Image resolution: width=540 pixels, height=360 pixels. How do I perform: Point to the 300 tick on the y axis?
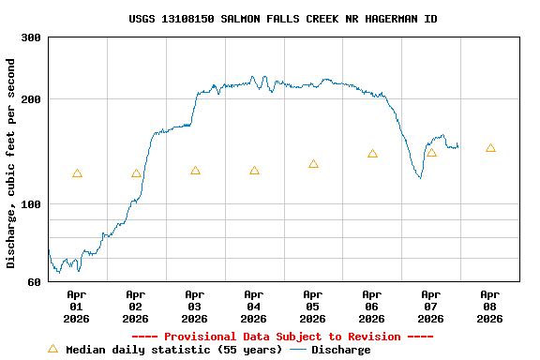31,37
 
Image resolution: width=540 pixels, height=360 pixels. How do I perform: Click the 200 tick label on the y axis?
31,99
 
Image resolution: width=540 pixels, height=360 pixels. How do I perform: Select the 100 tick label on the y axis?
31,204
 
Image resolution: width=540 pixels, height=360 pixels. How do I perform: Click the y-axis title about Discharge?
11,163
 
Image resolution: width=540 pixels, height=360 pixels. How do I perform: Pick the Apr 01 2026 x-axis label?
76,306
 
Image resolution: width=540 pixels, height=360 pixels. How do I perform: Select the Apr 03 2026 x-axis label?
194,306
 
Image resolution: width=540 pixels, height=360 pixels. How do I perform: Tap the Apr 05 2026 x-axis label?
312,306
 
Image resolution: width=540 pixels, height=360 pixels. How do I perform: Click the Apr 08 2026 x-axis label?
489,306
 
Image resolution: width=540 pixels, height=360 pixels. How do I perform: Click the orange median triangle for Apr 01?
77,173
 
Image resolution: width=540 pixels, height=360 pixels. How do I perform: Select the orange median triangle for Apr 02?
136,173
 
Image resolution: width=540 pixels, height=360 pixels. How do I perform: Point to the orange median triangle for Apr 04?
254,171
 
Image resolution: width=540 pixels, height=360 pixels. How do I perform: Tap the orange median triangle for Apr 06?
372,154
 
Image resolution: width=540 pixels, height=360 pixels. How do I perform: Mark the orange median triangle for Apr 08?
490,148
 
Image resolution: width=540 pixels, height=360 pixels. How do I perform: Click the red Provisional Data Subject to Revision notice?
282,337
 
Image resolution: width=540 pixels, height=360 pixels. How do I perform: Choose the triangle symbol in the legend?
52,349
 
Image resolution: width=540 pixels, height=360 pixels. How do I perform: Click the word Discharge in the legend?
340,350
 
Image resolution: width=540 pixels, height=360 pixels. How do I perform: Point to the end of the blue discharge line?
457,146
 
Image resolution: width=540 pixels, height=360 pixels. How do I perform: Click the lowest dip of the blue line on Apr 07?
420,177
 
